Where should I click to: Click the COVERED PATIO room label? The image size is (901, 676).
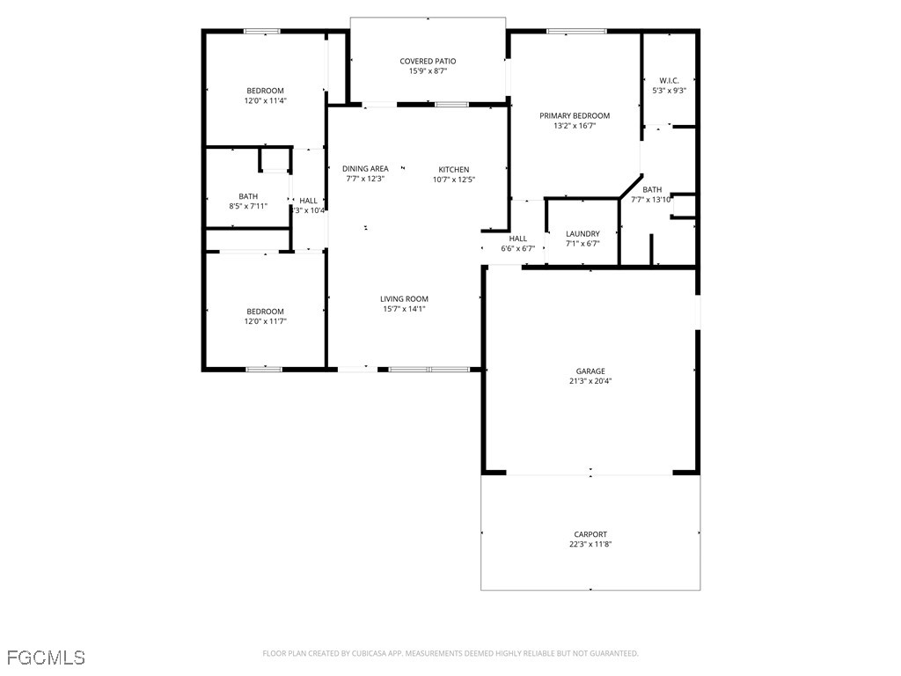(428, 61)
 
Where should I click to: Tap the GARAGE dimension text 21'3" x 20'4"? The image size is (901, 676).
(590, 381)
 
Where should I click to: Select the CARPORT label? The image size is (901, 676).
(590, 534)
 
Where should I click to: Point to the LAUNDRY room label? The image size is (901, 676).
(582, 233)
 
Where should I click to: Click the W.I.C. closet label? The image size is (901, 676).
(669, 80)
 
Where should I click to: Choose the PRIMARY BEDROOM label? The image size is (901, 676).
(575, 115)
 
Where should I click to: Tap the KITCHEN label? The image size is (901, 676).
(454, 169)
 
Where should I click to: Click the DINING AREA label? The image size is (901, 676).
(365, 169)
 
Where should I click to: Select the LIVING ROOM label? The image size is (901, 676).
(405, 298)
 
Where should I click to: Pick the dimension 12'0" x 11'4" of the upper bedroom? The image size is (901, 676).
(265, 101)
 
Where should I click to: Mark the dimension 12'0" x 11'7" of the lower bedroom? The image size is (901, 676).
(265, 321)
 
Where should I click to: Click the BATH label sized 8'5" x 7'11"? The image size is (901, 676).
(248, 196)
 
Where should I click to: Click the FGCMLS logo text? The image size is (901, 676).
(46, 657)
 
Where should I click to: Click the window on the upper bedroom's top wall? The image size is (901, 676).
(261, 32)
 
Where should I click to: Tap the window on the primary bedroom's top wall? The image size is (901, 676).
(576, 32)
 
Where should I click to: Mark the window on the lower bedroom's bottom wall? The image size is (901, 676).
(263, 369)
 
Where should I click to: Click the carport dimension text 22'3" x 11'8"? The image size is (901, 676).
(590, 545)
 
